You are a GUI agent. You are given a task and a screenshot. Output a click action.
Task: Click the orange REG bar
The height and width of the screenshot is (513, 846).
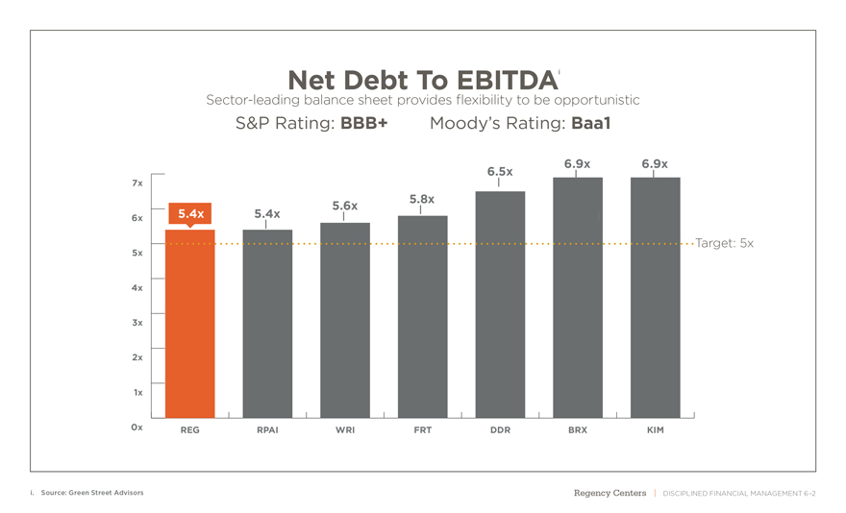pos(190,327)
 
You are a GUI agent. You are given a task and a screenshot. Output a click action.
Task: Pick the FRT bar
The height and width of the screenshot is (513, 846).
pos(423,317)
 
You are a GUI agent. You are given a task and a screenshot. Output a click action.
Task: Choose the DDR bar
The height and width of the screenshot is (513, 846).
pos(500,305)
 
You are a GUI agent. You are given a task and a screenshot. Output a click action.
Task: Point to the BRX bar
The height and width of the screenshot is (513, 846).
pos(578,298)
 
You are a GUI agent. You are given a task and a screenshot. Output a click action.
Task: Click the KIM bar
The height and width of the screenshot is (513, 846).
pos(656,298)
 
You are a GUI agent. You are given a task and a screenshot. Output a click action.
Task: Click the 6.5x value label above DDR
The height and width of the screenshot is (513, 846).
pos(500,172)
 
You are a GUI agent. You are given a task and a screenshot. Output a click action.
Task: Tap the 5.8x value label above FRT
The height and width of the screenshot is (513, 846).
pos(422,200)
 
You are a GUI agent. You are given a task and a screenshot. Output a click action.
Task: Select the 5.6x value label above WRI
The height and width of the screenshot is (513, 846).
pos(345,206)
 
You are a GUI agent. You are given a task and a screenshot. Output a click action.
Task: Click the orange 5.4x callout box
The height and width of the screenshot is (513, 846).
pos(190,213)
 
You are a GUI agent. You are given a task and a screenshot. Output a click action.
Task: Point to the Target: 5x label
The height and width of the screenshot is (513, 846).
pos(724,244)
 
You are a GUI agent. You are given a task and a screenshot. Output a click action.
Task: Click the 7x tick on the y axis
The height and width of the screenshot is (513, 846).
pos(137,183)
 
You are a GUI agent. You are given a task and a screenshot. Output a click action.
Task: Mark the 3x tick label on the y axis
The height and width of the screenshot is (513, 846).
pos(137,323)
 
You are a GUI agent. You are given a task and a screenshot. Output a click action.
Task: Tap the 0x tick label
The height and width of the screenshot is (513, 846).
pos(137,427)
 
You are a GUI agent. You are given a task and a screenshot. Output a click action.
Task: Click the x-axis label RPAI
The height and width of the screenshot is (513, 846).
pos(267,430)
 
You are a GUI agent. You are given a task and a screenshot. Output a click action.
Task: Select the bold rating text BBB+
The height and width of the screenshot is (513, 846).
pos(363,124)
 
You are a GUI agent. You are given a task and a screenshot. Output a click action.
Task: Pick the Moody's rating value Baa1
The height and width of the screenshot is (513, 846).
pos(591,124)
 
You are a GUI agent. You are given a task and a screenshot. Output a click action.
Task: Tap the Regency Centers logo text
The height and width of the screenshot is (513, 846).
pos(610,493)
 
